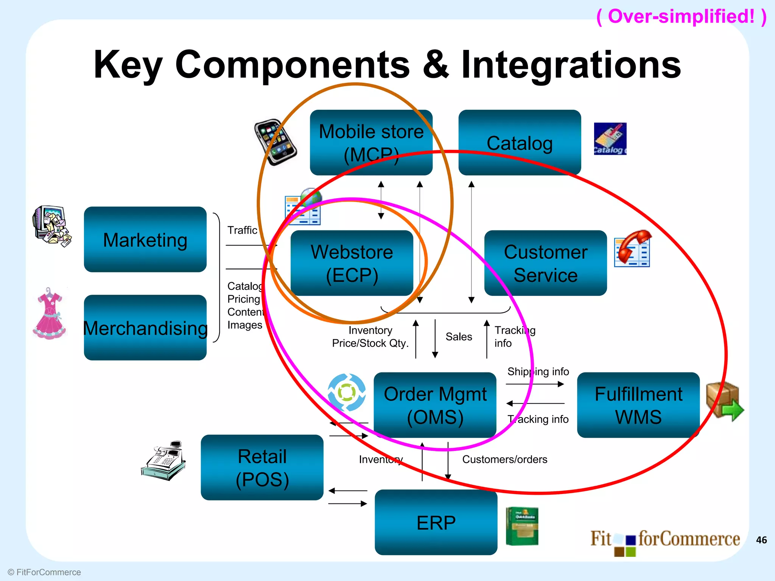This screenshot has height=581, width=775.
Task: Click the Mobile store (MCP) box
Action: [371, 142]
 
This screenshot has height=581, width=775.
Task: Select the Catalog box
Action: [519, 142]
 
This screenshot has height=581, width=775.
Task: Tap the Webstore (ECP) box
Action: [352, 263]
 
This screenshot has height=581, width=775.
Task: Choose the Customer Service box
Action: [545, 263]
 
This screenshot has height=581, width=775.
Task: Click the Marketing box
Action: [145, 239]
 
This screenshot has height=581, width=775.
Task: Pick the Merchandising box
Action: [145, 328]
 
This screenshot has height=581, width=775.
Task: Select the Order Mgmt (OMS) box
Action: [435, 405]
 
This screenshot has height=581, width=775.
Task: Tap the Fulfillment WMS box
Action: [638, 405]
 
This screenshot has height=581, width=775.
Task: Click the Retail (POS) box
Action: [262, 467]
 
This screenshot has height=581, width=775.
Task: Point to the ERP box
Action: [436, 522]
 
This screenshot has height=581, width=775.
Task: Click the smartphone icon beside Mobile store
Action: [275, 142]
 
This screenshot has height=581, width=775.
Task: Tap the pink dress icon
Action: [50, 314]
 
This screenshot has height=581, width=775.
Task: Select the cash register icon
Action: [164, 461]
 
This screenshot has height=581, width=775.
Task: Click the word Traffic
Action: [242, 230]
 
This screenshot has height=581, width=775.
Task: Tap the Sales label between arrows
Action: [459, 337]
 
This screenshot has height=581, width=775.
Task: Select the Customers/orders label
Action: [504, 459]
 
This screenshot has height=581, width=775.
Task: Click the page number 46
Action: [761, 540]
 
